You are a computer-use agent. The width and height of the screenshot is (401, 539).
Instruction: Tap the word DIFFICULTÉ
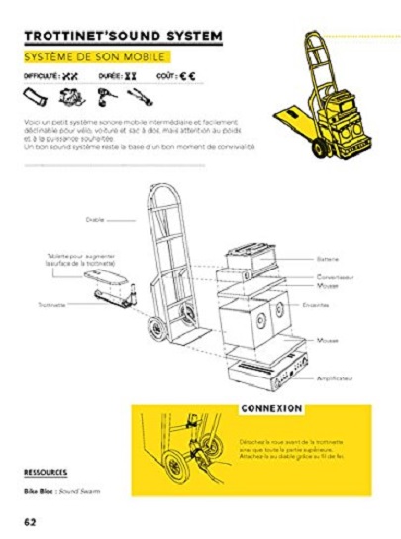[x=41, y=76]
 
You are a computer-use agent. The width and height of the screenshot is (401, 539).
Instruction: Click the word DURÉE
[x=110, y=76]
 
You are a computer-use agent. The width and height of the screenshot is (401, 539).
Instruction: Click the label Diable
[x=95, y=220]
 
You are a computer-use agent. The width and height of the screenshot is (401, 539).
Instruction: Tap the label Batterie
[x=329, y=255]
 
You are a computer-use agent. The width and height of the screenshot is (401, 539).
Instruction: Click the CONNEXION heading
[x=270, y=407]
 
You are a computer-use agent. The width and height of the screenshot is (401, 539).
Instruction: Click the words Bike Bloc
[x=37, y=491]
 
